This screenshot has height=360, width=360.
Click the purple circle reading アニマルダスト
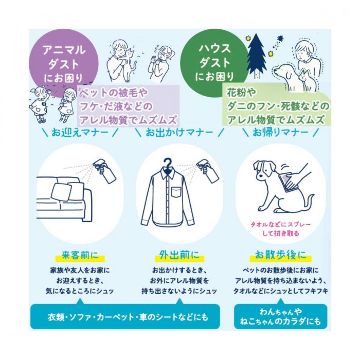pyautogui.click(x=64, y=62)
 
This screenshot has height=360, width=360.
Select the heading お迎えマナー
pyautogui.click(x=80, y=133)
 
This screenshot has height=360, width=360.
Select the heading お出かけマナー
pyautogui.click(x=179, y=133)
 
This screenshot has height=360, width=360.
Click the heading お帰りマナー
pyautogui.click(x=280, y=133)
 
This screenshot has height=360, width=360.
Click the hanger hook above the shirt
pyautogui.click(x=168, y=163)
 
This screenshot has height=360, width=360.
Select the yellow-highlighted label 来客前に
pyautogui.click(x=80, y=256)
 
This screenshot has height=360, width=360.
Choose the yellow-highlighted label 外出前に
pyautogui.click(x=179, y=256)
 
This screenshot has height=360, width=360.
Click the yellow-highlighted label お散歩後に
pyautogui.click(x=281, y=256)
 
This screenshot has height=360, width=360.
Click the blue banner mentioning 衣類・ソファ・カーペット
pyautogui.click(x=125, y=317)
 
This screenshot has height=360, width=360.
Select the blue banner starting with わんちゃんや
pyautogui.click(x=281, y=317)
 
